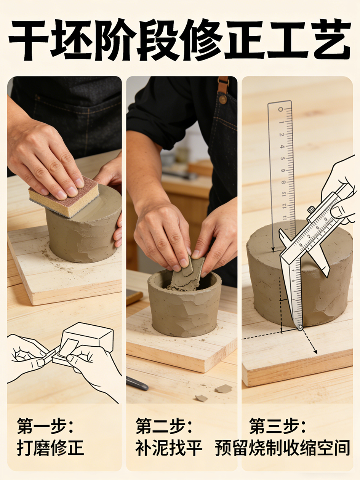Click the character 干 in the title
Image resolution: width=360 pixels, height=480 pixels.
[x=29, y=40]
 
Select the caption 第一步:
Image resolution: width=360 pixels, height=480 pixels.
[x=45, y=426]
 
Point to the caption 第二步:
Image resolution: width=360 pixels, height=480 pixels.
[x=163, y=426]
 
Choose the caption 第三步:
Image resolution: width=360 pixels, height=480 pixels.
[x=277, y=426]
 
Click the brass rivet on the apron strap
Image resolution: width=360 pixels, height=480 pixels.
[x=223, y=100]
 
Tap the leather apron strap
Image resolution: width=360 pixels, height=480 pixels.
[x=223, y=85]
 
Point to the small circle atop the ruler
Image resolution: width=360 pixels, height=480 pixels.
[x=280, y=109]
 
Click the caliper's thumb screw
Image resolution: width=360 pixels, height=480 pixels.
[x=311, y=210]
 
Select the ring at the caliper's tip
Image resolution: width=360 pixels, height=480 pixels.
[x=300, y=327]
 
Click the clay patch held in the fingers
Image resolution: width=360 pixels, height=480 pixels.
[x=187, y=274]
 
